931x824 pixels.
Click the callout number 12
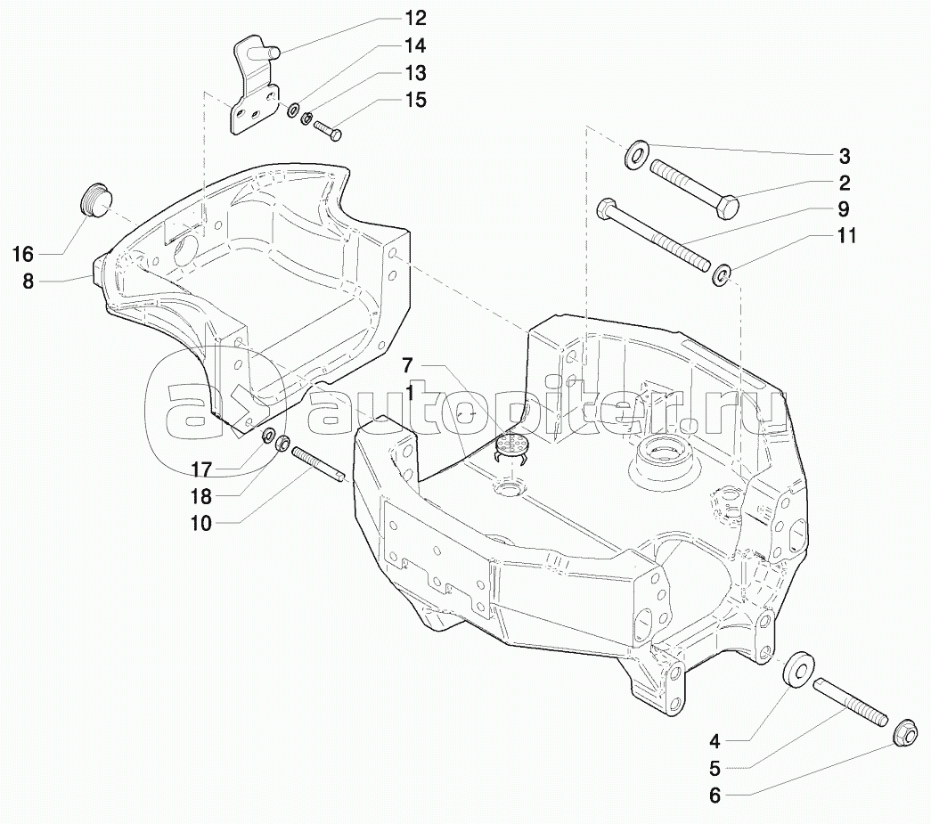point(414,18)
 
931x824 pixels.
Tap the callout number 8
point(28,281)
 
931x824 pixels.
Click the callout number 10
point(201,524)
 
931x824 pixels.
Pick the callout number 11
point(846,237)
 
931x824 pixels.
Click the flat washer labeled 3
point(637,153)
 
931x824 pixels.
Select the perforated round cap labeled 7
point(511,446)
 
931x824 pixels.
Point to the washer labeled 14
point(291,110)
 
